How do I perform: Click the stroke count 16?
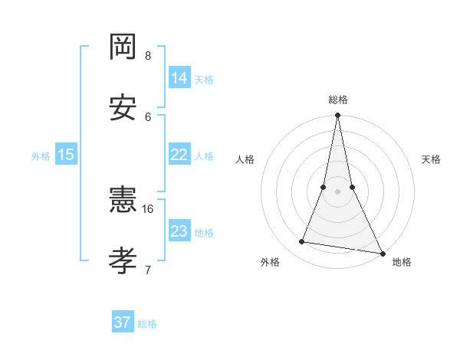coord(148,208)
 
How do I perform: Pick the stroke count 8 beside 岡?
coord(148,55)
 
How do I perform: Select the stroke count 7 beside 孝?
coord(148,269)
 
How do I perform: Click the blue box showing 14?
coord(179,78)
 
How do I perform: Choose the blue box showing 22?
coord(179,155)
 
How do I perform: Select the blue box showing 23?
coord(179,231)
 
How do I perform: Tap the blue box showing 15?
coord(66,155)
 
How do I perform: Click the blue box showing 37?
coord(123,322)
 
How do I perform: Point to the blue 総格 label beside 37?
coord(147,324)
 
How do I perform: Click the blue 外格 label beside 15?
coord(41,156)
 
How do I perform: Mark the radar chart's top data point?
coord(337,116)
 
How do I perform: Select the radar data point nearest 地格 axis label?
coord(382,253)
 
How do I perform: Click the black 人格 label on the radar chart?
coord(245,159)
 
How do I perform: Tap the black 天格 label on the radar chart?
coord(431,159)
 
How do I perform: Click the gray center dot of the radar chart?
coord(337,191)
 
